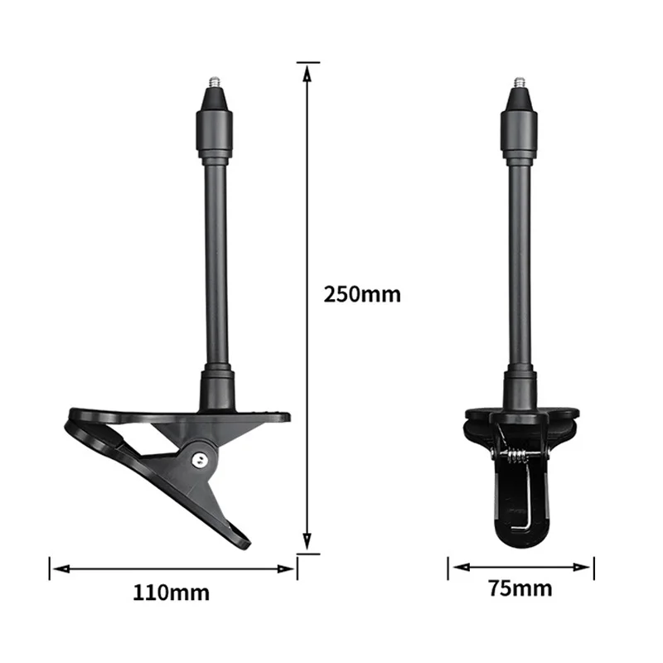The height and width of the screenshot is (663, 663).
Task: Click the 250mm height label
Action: (362, 294)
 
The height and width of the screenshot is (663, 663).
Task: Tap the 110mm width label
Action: (172, 593)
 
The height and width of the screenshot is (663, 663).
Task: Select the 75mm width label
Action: (520, 589)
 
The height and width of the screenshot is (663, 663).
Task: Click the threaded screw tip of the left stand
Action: (213, 84)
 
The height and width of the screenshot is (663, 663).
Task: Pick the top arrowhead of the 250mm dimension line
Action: (307, 68)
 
